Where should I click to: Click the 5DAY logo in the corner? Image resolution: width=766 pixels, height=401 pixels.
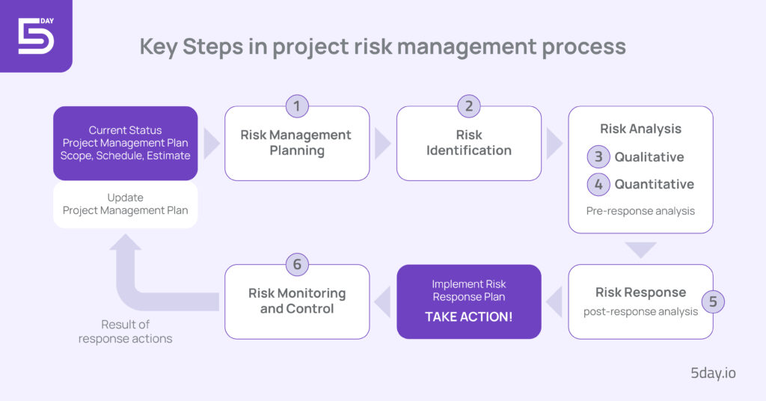(x=35, y=34)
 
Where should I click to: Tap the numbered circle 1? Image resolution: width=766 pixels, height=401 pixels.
(x=297, y=106)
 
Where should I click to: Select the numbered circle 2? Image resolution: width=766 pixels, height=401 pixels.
(x=469, y=106)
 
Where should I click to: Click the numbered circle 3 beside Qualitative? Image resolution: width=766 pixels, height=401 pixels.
(x=598, y=157)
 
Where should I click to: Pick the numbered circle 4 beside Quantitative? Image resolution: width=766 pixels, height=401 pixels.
(x=598, y=184)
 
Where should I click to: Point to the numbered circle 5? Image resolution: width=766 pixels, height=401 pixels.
(x=713, y=301)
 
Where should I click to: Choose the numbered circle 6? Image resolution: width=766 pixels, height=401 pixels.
(x=297, y=264)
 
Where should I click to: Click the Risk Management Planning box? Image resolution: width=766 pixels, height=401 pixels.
(x=296, y=143)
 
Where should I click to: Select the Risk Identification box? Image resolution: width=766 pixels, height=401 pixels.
(x=469, y=143)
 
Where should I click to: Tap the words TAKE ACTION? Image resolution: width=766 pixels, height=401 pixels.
(x=469, y=316)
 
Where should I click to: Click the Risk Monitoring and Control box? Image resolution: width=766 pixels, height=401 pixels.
(x=297, y=301)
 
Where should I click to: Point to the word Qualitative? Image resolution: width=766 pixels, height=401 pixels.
(x=649, y=157)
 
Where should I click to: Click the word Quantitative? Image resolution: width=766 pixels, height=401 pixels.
(x=655, y=184)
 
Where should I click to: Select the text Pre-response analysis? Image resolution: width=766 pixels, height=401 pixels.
(x=640, y=211)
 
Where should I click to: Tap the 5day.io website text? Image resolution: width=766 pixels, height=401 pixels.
(x=714, y=373)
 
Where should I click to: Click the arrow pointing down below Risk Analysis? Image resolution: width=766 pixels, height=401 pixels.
(x=640, y=249)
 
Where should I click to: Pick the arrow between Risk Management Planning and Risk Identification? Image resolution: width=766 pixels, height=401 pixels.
(x=382, y=144)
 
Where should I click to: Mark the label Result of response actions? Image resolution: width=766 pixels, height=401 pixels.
(x=126, y=331)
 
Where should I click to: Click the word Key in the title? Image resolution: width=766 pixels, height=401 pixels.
(x=162, y=46)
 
